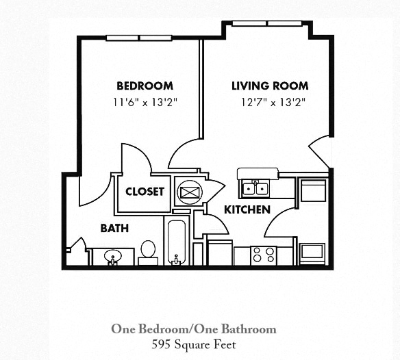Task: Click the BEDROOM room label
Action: pyautogui.click(x=145, y=86)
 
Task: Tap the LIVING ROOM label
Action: pyautogui.click(x=270, y=86)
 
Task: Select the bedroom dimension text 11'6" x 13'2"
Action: pyautogui.click(x=145, y=103)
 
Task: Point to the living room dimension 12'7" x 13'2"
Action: pyautogui.click(x=273, y=103)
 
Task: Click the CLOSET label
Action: pyautogui.click(x=145, y=192)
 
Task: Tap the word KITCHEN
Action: pyautogui.click(x=247, y=209)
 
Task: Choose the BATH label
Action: pyautogui.click(x=114, y=228)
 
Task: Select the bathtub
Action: pyautogui.click(x=177, y=242)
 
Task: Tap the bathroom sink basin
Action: pyautogui.click(x=112, y=255)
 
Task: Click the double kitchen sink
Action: pyautogui.click(x=255, y=188)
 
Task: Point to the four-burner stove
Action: pyautogui.click(x=264, y=255)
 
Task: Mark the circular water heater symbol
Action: pyautogui.click(x=190, y=192)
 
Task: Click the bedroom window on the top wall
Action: pyautogui.click(x=139, y=38)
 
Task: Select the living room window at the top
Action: pyautogui.click(x=267, y=23)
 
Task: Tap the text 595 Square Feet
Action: pyautogui.click(x=194, y=345)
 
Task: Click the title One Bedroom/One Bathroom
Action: pyautogui.click(x=194, y=329)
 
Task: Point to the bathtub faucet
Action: pyautogui.click(x=176, y=259)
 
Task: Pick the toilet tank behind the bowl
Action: pyautogui.click(x=148, y=261)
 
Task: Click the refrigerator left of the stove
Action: pyautogui.click(x=221, y=253)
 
